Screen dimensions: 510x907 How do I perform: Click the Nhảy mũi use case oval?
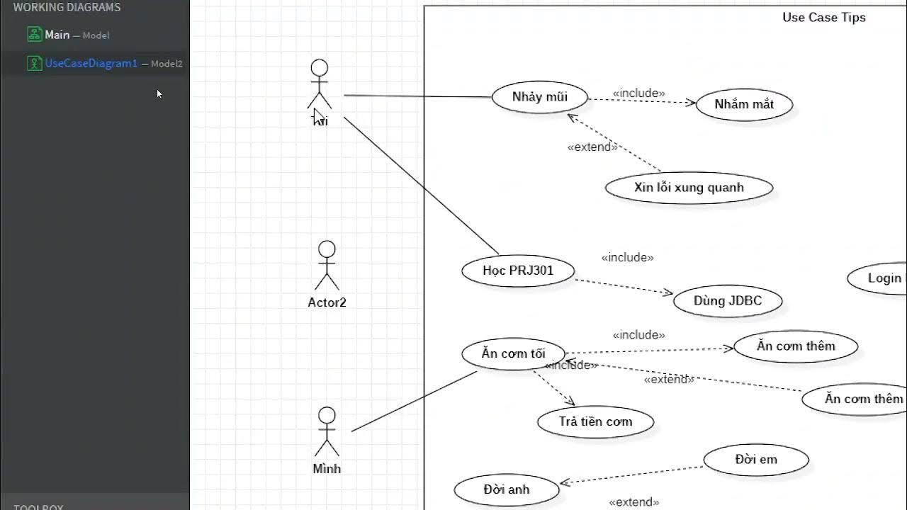(x=540, y=98)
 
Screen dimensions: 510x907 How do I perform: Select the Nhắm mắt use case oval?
(x=744, y=105)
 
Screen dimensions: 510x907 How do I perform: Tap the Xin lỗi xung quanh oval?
(x=689, y=188)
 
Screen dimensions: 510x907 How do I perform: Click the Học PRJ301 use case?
(x=518, y=271)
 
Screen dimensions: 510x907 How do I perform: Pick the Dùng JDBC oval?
(x=728, y=301)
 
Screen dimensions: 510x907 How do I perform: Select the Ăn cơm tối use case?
(x=513, y=353)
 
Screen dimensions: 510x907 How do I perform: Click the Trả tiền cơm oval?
(x=595, y=422)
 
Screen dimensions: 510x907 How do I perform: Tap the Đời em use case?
(x=756, y=460)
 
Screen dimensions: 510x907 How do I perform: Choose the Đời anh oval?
(x=507, y=489)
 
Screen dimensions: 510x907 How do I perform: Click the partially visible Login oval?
(x=879, y=278)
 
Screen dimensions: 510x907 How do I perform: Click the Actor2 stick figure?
(x=327, y=266)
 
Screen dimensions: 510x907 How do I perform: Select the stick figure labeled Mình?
(x=327, y=432)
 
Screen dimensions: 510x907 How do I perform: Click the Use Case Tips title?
(x=823, y=18)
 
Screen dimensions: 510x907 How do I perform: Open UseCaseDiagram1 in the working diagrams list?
(x=91, y=63)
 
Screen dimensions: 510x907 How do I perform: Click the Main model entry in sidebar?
(x=57, y=35)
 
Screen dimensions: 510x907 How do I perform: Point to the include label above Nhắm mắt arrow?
(x=638, y=93)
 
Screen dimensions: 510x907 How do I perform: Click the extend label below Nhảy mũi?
(x=592, y=147)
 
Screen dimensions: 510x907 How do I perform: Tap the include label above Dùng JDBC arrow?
(x=627, y=258)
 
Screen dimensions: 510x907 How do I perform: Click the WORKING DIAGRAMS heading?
(x=67, y=8)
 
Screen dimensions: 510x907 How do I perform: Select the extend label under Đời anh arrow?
(x=633, y=502)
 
